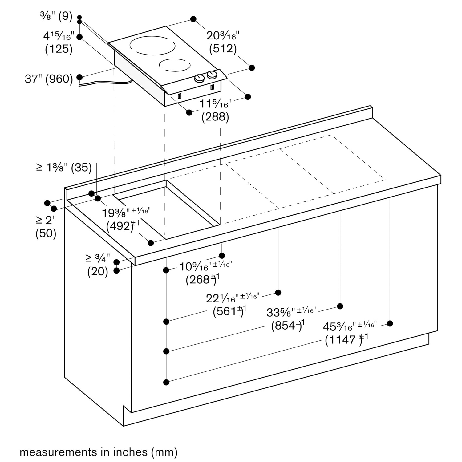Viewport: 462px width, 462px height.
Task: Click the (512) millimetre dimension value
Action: pos(223,49)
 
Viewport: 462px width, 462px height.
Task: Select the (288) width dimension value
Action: pos(215,117)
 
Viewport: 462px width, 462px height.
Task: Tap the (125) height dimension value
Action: pos(59,49)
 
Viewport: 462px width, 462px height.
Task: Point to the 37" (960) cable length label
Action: pos(49,79)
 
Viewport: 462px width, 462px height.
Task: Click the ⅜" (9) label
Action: pos(56,16)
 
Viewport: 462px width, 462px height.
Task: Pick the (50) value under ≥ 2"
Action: pos(46,233)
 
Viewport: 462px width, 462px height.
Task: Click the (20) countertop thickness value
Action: pos(98,272)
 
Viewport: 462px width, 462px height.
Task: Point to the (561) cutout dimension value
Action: pos(227,311)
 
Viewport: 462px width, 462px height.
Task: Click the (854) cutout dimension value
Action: pos(285,326)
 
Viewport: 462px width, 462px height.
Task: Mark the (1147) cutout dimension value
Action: pos(343,340)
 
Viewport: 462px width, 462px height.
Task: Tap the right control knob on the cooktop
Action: pos(212,75)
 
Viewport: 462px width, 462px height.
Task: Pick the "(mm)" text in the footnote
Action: pos(164,452)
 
